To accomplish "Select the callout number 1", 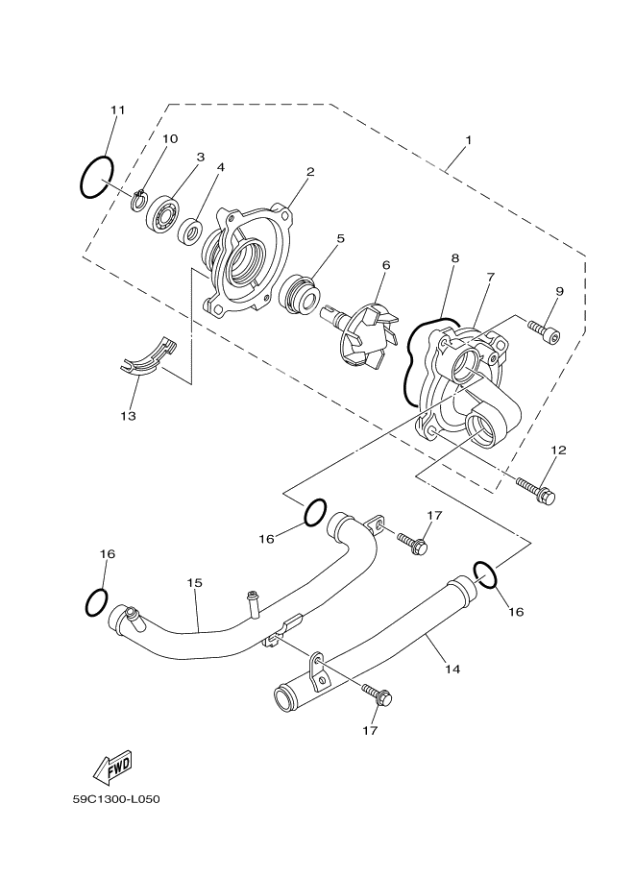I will tap(467, 140).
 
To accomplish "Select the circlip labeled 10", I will tap(138, 200).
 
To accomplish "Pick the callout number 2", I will tap(310, 173).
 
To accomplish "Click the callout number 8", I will tap(454, 258).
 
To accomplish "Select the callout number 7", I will tap(490, 278).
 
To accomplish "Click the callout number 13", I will tap(127, 417).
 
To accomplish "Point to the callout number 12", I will tap(559, 450).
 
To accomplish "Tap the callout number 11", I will tap(117, 110).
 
